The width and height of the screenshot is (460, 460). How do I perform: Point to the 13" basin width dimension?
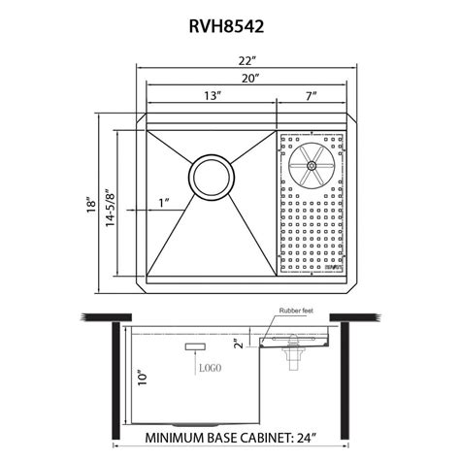212,97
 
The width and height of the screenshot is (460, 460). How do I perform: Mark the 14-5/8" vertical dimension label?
110,205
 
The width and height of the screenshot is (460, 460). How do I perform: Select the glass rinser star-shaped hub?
311,166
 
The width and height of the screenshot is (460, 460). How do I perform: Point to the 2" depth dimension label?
239,343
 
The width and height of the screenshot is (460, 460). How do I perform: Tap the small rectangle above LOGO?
194,346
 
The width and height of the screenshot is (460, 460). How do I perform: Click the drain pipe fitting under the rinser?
288,357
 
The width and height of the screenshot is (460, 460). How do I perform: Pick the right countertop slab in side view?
353,319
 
